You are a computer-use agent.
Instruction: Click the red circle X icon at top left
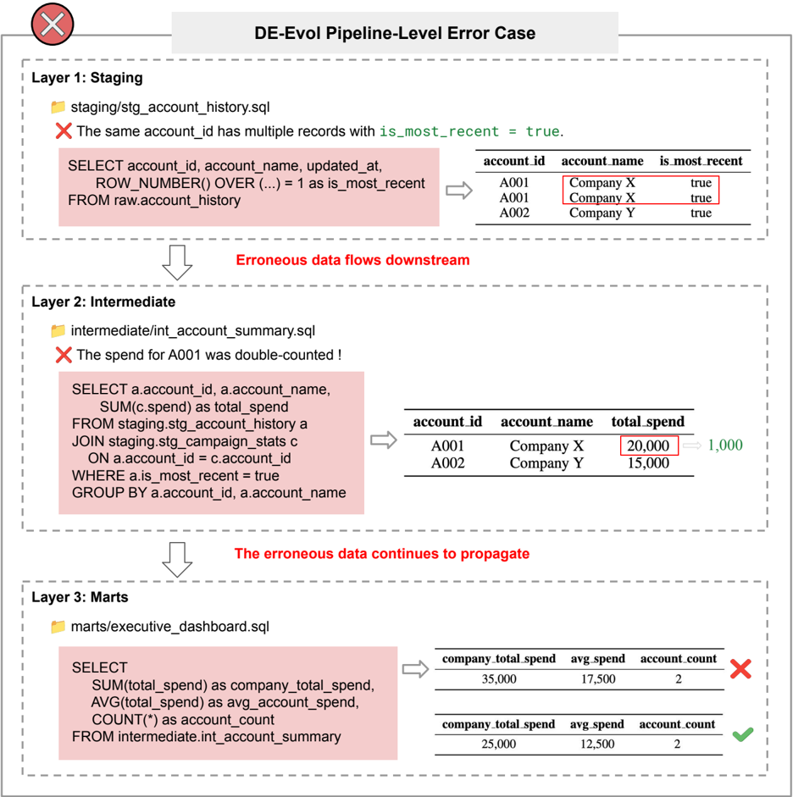53,24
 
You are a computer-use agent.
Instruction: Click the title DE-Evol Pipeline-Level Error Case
395,33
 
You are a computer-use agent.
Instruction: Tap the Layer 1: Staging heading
87,78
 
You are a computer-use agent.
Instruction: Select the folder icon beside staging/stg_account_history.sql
58,107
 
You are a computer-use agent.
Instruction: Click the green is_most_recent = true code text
469,131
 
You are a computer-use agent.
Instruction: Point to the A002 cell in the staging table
514,213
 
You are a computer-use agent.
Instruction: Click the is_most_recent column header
701,161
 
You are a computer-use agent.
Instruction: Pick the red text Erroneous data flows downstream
352,260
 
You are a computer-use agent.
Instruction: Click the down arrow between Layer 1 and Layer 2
177,263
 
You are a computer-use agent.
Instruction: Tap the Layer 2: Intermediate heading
103,302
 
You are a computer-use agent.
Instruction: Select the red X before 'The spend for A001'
64,355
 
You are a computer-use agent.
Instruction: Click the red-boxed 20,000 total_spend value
649,446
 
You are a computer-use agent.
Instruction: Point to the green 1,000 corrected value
725,446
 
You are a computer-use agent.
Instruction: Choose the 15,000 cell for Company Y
648,463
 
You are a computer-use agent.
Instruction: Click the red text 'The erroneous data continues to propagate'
382,554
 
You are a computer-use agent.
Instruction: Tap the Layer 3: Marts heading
80,597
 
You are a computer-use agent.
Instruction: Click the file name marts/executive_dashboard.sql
169,627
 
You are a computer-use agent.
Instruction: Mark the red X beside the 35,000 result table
740,669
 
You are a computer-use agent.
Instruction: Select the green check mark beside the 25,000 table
743,734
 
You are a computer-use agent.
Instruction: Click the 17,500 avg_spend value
598,679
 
